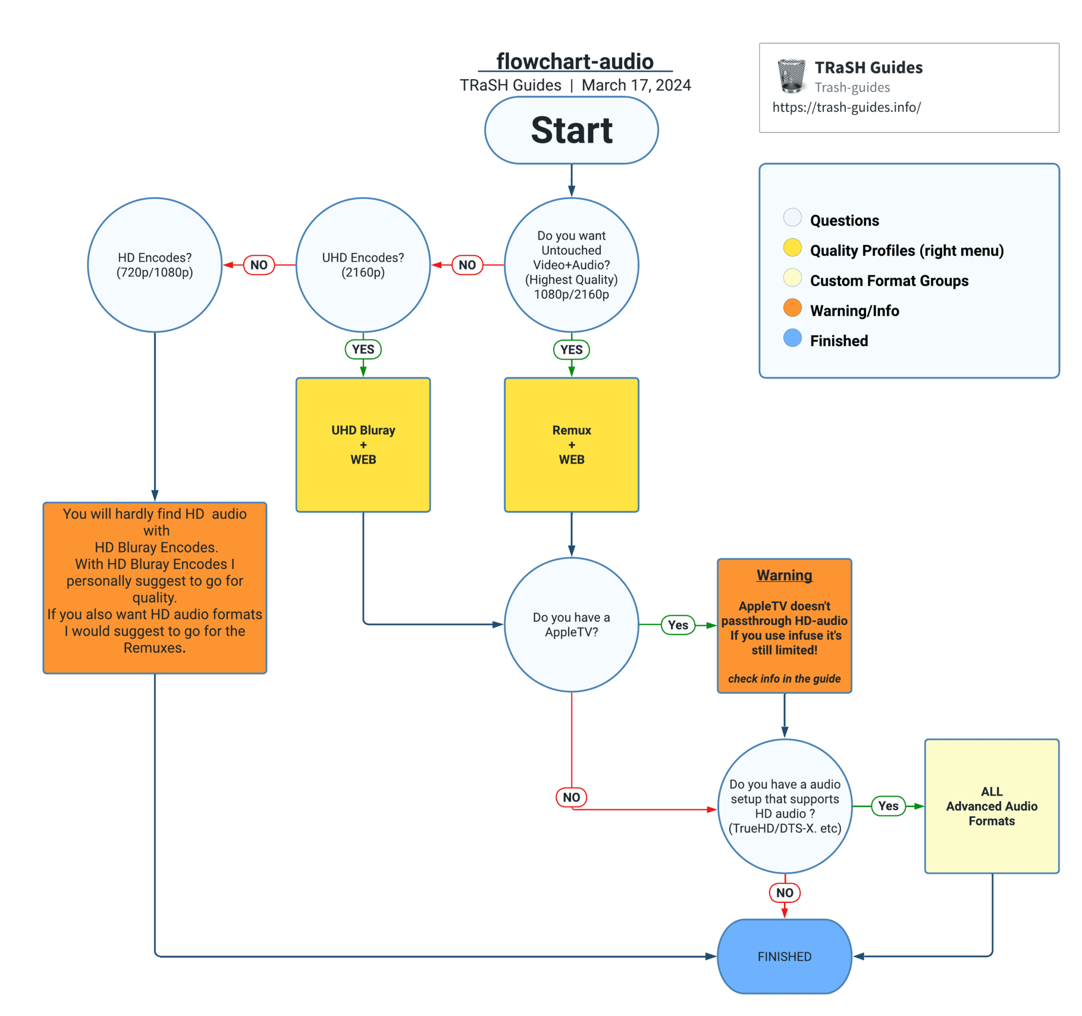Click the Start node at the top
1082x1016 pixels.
[571, 130]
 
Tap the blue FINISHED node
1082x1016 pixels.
[784, 956]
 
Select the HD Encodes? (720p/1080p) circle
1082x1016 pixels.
[155, 265]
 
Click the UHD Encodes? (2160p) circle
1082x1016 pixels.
[363, 265]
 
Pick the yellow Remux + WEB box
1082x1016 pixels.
[571, 445]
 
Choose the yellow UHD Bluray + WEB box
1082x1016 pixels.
[363, 445]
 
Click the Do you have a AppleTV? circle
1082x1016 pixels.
[571, 624]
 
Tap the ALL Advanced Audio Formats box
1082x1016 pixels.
[992, 806]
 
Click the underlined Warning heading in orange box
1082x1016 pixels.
[784, 576]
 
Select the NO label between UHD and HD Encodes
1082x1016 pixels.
[259, 265]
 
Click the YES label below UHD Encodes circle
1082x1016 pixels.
[363, 349]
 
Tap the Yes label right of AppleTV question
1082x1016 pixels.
[678, 625]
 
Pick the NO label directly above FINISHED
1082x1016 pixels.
[784, 893]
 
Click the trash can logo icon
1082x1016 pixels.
[792, 76]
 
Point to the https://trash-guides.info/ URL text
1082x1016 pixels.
[846, 107]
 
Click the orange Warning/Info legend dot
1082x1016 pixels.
[792, 308]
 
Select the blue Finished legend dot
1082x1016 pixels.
[792, 338]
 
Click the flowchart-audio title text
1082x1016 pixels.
[575, 61]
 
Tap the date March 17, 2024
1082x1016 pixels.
[636, 85]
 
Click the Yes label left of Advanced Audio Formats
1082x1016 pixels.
[888, 806]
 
